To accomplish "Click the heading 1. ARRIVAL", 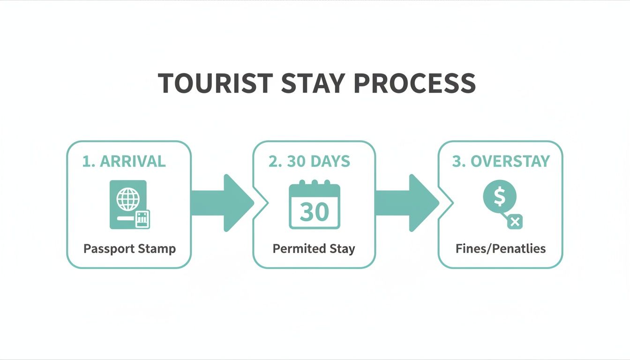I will coord(124,161).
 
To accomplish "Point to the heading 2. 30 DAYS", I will coord(309,161).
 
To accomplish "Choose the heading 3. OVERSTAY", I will coord(501,161).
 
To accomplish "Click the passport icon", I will coord(128,204).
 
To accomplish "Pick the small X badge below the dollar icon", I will coord(515,222).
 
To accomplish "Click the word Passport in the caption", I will coord(106,248).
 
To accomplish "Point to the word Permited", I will coord(296,248).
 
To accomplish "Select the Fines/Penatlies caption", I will coord(500,248).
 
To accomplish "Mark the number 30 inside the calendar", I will coord(314,211).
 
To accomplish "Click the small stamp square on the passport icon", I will coord(142,219).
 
